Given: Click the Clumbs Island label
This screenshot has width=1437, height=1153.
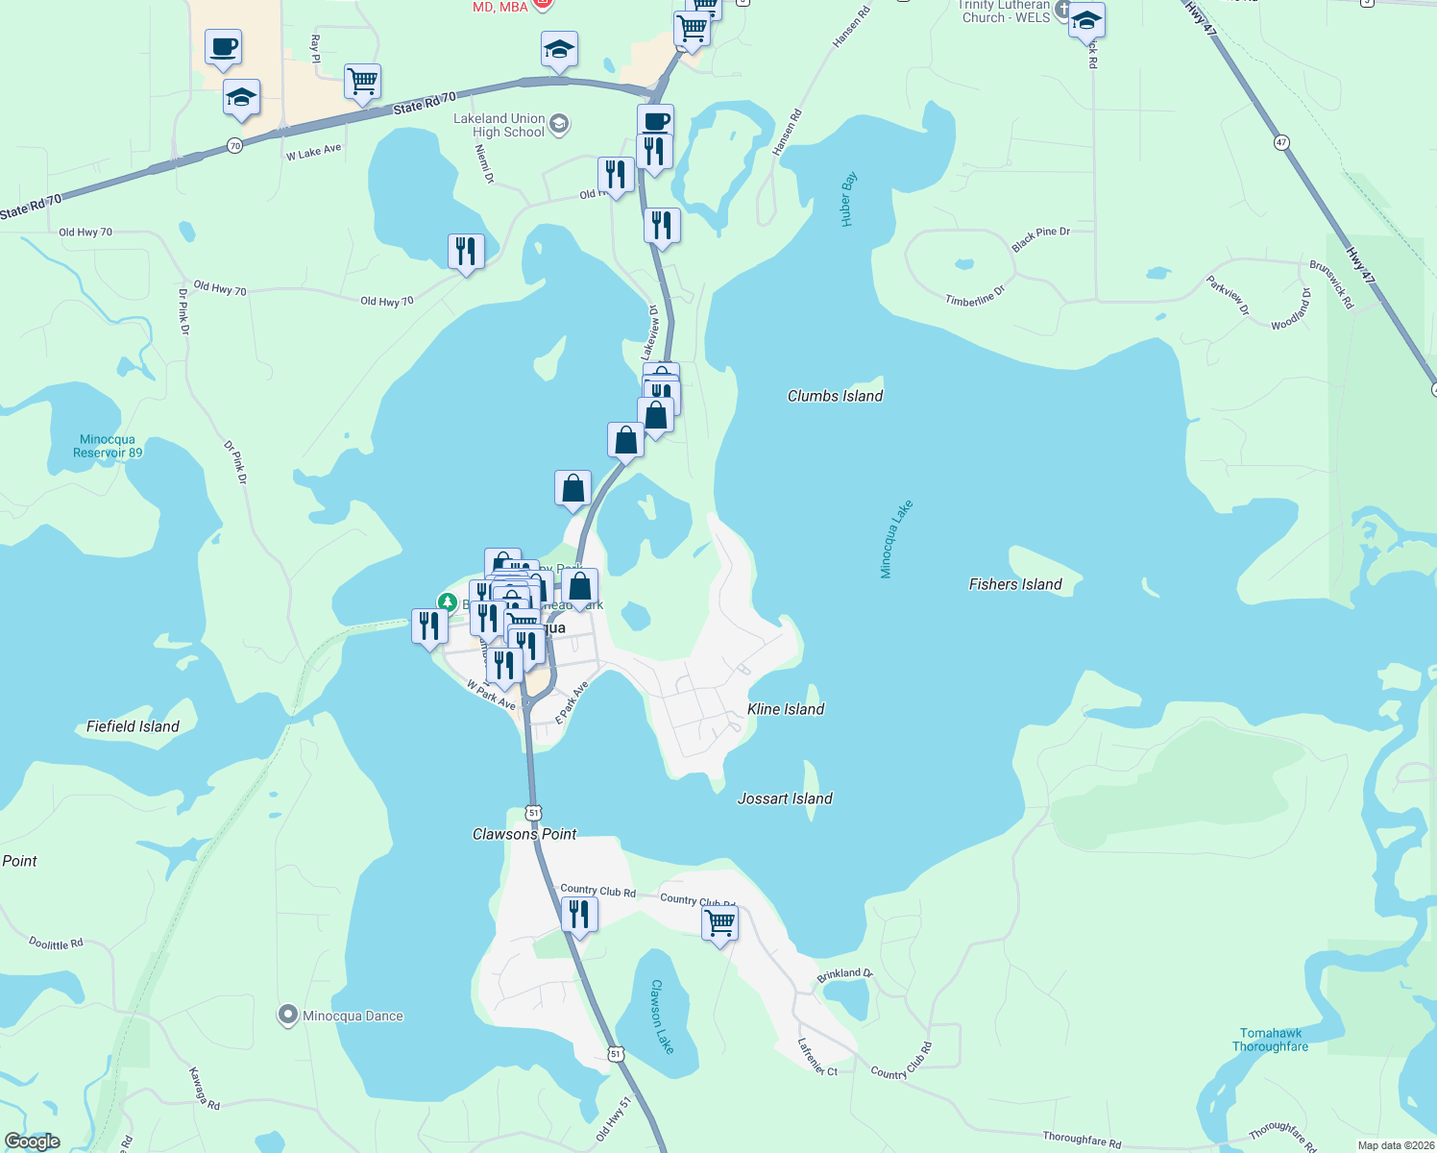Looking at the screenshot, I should tap(835, 396).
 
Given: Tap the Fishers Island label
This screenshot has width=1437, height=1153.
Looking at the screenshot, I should tap(1015, 584).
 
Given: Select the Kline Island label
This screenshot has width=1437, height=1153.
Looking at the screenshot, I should tap(786, 709).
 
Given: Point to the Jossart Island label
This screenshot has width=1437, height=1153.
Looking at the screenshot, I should tap(785, 798).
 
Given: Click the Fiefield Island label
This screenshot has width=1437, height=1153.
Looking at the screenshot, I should tap(133, 726).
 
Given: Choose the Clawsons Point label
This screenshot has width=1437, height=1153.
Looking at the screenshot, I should tap(524, 834).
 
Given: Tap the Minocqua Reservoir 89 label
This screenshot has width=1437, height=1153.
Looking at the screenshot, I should tap(108, 446).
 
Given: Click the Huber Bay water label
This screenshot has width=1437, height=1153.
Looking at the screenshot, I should tap(848, 199).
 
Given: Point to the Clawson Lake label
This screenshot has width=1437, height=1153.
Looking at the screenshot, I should tap(662, 1017).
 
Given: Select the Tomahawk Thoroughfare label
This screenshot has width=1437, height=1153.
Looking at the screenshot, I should tap(1270, 1040).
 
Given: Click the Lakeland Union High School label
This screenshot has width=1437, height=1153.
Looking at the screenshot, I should tap(499, 125).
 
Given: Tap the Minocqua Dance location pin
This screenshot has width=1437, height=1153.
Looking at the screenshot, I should tap(287, 1015).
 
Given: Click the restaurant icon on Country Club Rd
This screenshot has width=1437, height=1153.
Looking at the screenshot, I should tap(579, 914).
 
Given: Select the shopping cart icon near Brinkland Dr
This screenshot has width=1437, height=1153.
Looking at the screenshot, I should tap(719, 922).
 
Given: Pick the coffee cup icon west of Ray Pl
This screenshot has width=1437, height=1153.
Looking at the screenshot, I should tap(223, 47).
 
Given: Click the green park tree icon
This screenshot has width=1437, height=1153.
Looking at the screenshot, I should tap(447, 602).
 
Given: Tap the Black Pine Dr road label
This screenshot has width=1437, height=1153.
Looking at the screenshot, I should tap(1040, 239).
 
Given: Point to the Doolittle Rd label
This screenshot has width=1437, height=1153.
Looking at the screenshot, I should tap(56, 944).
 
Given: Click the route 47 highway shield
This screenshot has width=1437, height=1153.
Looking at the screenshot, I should tap(1281, 142).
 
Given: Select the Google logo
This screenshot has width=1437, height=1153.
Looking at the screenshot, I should tap(33, 1141).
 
